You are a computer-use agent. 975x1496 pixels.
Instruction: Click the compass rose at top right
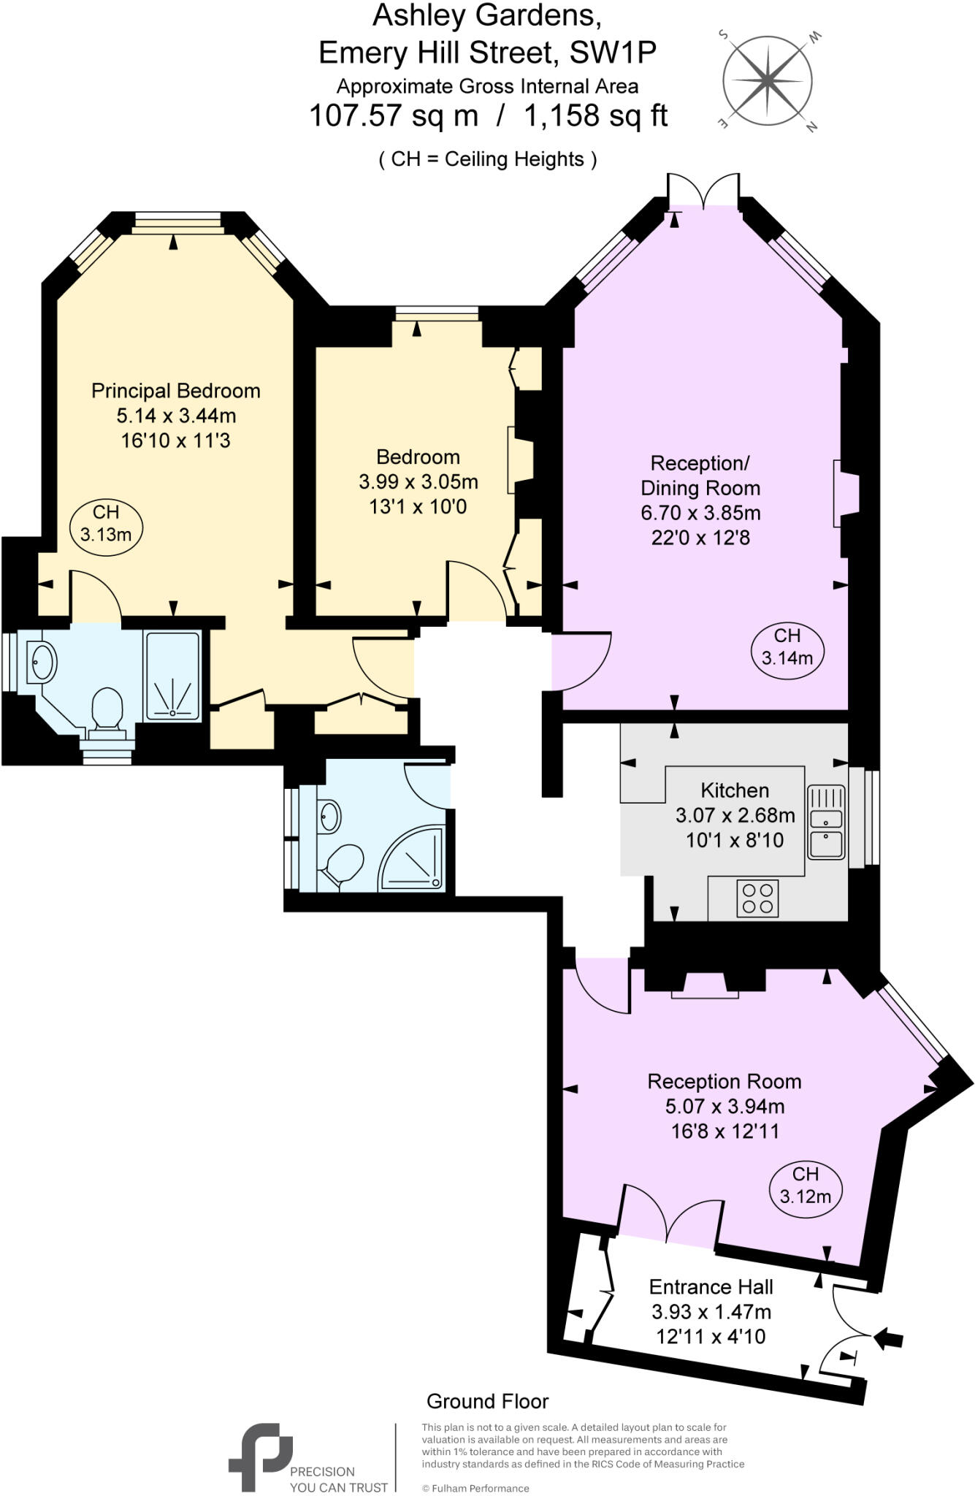[x=767, y=79]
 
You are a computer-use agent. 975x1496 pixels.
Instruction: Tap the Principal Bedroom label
[x=175, y=391]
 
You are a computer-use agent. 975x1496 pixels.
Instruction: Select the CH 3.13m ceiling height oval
[x=106, y=524]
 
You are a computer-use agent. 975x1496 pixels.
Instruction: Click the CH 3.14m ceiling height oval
[x=787, y=646]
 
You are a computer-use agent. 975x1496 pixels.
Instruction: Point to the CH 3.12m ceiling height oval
[x=806, y=1186]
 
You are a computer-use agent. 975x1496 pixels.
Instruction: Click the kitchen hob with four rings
[x=757, y=898]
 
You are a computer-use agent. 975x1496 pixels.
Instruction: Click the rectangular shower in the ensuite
[x=172, y=676]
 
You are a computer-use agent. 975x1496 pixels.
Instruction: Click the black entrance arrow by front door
[x=890, y=1339]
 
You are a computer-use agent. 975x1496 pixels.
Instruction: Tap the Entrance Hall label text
[x=711, y=1287]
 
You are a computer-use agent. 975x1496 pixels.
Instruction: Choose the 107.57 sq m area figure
[x=394, y=116]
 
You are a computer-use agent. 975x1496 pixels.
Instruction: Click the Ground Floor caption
[x=487, y=1401]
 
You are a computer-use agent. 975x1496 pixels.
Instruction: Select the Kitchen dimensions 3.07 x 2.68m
[x=735, y=815]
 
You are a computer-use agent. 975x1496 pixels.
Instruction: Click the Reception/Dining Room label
[x=700, y=476]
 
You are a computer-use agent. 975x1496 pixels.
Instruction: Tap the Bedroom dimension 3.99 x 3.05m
[x=418, y=482]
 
